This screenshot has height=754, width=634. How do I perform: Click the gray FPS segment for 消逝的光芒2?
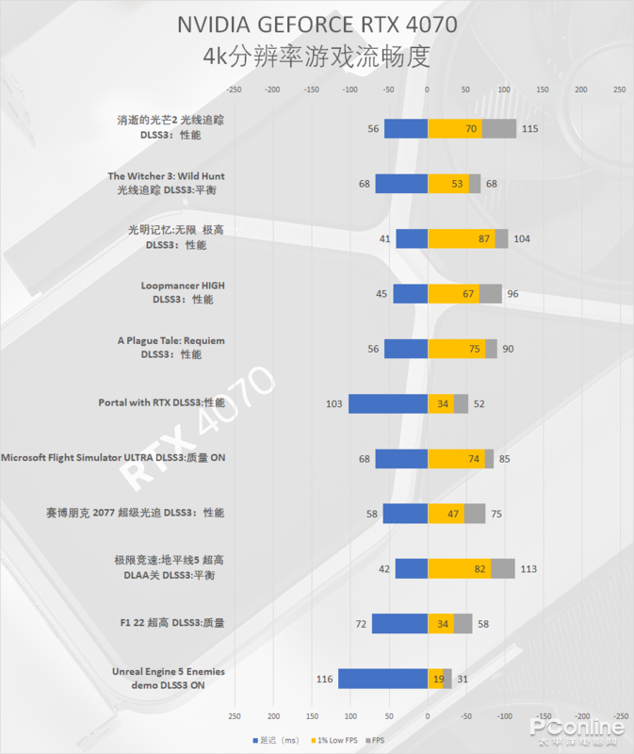498,128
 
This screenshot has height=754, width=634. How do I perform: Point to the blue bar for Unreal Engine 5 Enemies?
382,679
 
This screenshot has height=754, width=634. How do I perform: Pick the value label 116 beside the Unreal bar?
325,679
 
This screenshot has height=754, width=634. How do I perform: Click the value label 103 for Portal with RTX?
333,403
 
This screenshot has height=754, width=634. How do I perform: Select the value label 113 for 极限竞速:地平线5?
528,568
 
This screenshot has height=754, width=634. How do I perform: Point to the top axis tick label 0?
427,90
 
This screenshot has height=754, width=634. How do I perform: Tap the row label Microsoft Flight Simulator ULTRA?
113,458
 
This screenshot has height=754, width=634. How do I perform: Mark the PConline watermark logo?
577,729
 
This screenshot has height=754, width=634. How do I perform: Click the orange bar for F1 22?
440,623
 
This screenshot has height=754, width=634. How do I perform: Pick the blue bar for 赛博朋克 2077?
405,514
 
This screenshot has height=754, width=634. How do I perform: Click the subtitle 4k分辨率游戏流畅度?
317,57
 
